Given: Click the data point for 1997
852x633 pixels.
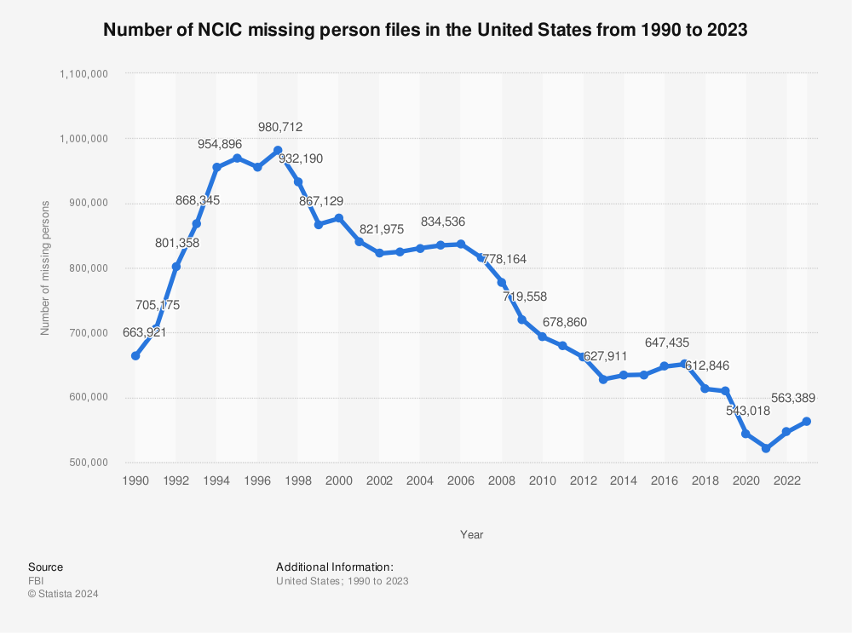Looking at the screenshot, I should tap(278, 151).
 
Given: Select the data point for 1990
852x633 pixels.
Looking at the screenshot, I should tap(135, 355).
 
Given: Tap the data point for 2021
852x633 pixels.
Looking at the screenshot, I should tap(766, 448).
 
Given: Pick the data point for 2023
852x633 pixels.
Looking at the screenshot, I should tap(806, 422).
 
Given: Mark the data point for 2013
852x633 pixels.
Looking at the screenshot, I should tap(603, 379).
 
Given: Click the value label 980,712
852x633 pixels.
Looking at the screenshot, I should tap(278, 127).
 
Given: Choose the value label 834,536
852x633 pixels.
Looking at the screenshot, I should tap(443, 222).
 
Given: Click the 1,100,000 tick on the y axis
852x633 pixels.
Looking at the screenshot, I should tap(83, 73).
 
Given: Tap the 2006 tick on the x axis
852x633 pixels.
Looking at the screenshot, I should tap(461, 481).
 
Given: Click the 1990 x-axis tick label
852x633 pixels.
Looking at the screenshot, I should tap(135, 481).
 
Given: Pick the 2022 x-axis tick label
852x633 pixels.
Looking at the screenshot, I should tap(786, 481).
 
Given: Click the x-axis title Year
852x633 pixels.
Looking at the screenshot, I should tap(471, 535).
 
